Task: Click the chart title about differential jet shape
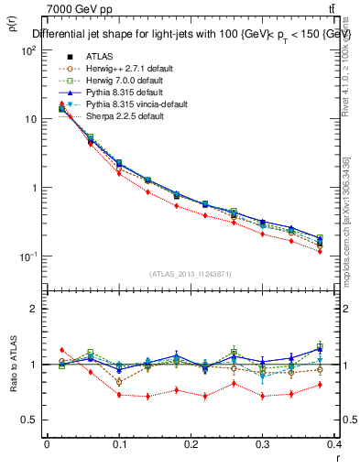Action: pos(192,34)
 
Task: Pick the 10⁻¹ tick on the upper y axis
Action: pos(28,256)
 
